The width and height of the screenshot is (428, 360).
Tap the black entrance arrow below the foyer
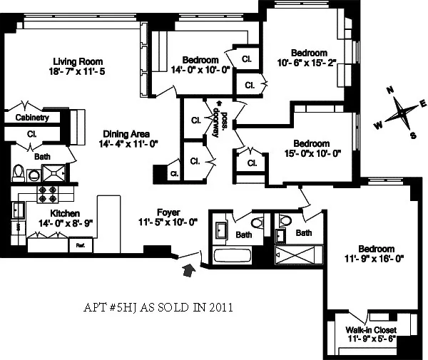[x=189, y=269]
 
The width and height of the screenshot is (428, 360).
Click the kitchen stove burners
[x=47, y=192]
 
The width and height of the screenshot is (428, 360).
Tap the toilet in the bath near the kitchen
[x=20, y=173]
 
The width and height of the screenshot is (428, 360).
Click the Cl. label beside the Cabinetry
[x=32, y=133]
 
